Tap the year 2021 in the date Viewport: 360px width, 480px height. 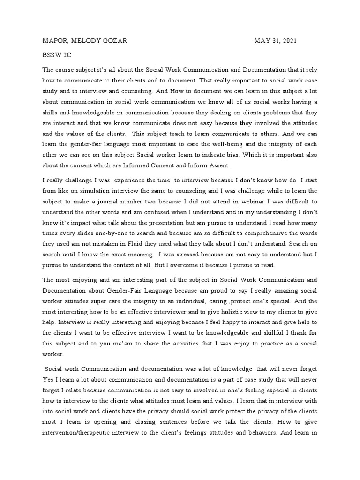286,41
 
